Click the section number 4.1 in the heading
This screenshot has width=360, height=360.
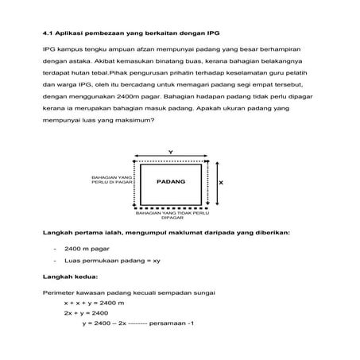click(x=47, y=33)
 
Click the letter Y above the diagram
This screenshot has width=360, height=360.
click(x=171, y=152)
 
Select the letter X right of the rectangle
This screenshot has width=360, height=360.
click(x=220, y=182)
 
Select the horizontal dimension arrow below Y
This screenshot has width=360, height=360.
click(x=171, y=157)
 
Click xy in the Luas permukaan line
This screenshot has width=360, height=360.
click(x=157, y=260)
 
